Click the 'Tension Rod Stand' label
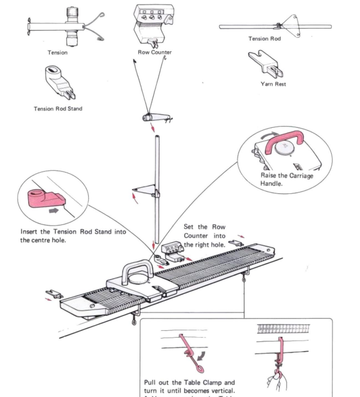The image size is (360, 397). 58,109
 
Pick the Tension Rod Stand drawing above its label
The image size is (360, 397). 60,80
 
